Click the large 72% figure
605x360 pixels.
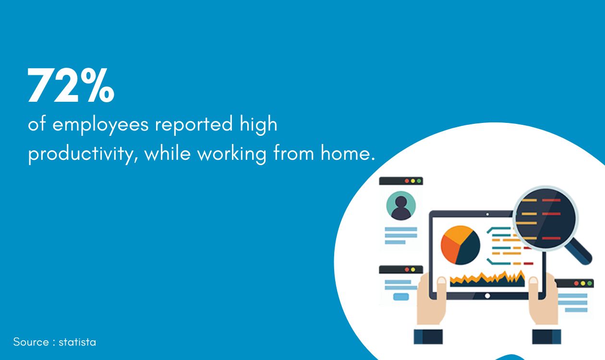click(x=71, y=86)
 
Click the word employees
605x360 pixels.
click(x=100, y=124)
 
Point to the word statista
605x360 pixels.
click(x=77, y=342)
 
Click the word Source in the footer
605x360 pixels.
click(x=31, y=342)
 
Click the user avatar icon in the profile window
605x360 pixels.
click(x=401, y=205)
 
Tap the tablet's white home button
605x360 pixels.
click(x=487, y=296)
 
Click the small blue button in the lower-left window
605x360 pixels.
click(x=401, y=297)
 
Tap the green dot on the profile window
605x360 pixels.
click(x=419, y=181)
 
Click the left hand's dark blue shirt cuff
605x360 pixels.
click(x=428, y=336)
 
